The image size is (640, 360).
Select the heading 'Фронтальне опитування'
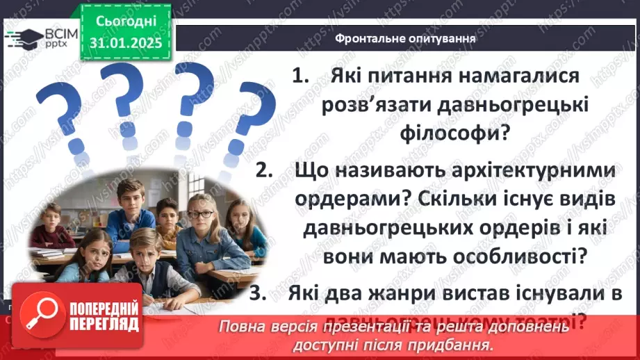coord(404,39)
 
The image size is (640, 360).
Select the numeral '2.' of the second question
coord(265,170)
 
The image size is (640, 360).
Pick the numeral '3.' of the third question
coord(259,294)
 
